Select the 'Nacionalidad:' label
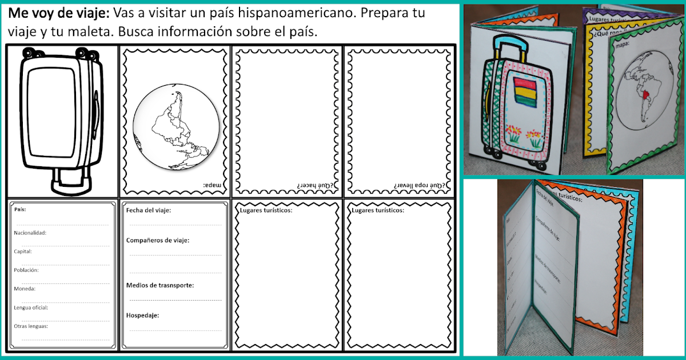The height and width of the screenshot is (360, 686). point(30,233)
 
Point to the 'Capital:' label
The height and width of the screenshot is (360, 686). point(23,251)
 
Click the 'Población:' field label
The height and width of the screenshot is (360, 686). point(26,270)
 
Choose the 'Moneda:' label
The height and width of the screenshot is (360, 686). point(25,289)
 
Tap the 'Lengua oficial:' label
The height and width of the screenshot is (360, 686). point(31,307)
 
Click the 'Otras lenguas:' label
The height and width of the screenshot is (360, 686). point(31,326)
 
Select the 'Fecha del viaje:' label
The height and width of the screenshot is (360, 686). point(148,210)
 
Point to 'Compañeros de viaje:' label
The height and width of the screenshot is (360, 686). point(158,240)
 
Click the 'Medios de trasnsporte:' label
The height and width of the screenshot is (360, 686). point(160,285)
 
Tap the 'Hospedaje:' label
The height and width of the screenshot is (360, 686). point(142,315)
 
